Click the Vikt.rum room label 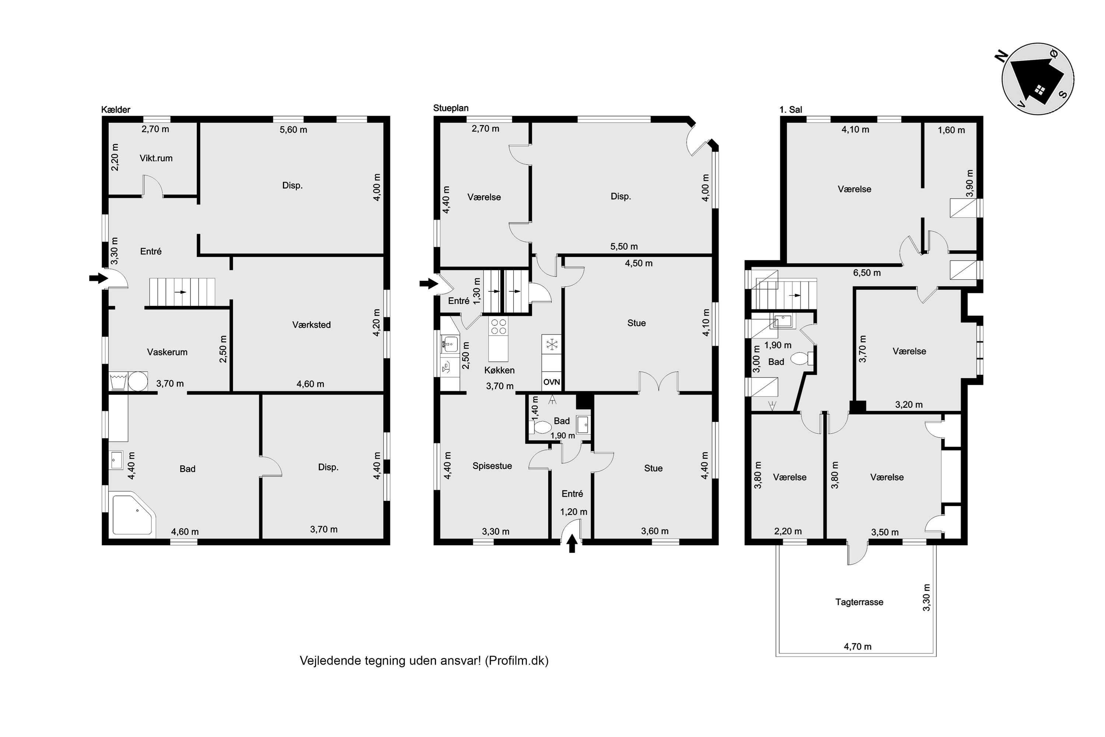[x=156, y=158]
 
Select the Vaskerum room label [x=167, y=352]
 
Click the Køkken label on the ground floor [x=499, y=370]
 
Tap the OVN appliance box [x=551, y=382]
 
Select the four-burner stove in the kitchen [x=498, y=326]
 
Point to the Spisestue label [x=492, y=466]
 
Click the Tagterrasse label [x=859, y=602]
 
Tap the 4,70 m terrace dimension [x=857, y=647]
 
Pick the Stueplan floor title [x=450, y=108]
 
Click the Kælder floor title [x=116, y=109]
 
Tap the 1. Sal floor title [x=791, y=109]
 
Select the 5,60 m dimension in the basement [x=293, y=130]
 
